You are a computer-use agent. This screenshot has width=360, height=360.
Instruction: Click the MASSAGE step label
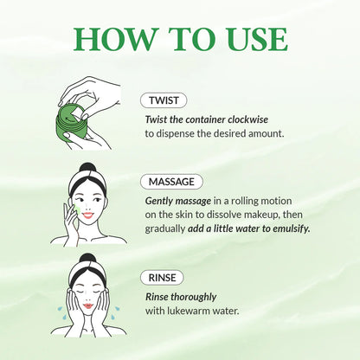point(171,182)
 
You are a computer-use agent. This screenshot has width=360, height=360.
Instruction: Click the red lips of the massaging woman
point(87,219)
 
